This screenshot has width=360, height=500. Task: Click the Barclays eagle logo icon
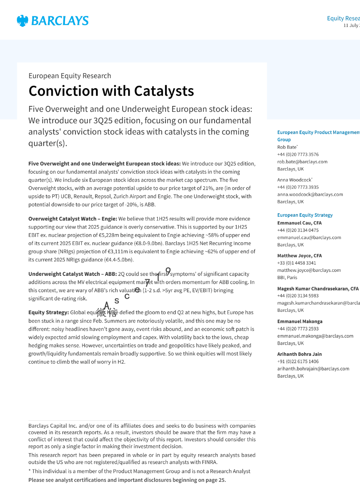(x=22, y=21)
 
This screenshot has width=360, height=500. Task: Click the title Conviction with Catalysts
(x=111, y=91)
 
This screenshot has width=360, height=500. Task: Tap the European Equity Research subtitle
(x=70, y=76)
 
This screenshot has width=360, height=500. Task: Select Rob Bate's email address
(x=302, y=162)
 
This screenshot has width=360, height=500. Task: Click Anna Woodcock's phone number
(x=298, y=187)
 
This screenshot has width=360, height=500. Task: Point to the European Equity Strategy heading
(x=305, y=215)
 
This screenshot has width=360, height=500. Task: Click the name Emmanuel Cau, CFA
(x=299, y=223)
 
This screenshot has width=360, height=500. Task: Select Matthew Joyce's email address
(x=309, y=270)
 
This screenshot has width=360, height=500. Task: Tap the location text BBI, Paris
(x=287, y=278)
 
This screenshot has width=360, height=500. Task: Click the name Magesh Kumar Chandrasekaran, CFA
(x=318, y=289)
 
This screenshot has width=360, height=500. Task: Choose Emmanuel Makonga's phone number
(x=298, y=329)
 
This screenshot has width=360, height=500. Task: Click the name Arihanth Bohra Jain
(x=299, y=354)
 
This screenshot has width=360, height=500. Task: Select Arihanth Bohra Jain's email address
(x=313, y=369)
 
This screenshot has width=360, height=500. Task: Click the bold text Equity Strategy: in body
(x=48, y=312)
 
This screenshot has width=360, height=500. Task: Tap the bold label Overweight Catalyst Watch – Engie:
(x=72, y=219)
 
